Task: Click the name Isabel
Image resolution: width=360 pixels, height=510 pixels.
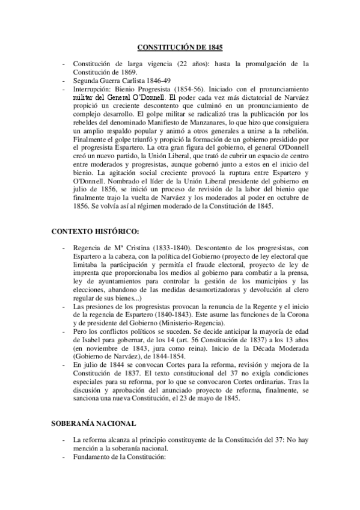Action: (84, 340)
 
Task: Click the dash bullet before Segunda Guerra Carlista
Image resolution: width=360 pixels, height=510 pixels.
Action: (64, 80)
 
